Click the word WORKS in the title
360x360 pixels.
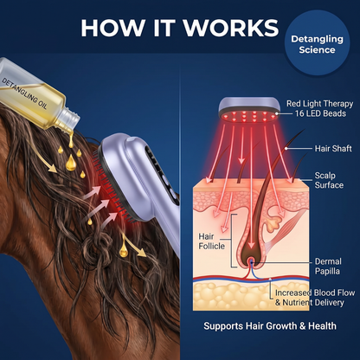pos(231,28)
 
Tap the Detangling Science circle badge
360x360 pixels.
pos(317,43)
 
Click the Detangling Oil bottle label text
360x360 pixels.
pos(24,93)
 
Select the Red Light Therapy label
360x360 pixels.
pos(319,104)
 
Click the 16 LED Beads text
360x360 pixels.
pos(320,113)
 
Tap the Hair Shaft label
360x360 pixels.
pos(333,149)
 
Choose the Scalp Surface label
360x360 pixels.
pos(329,180)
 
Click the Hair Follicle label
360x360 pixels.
pos(211,241)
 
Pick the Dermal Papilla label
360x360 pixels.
pos(328,267)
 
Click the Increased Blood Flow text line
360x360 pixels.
pos(315,292)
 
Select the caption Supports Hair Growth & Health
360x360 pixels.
pos(270,326)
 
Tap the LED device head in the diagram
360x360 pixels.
pos(249,110)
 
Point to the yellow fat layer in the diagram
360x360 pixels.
pos(251,296)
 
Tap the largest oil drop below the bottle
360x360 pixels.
pos(71,163)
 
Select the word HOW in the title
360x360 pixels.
pos(112,28)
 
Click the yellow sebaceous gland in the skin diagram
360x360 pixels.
pos(273,224)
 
